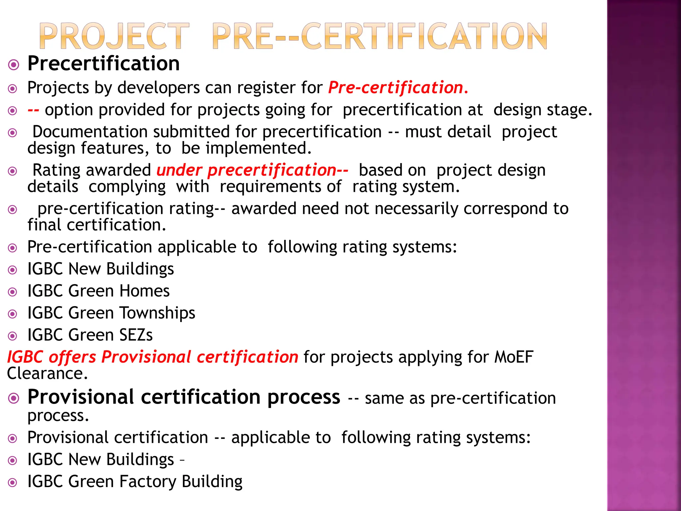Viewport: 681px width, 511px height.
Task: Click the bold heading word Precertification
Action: click(x=103, y=63)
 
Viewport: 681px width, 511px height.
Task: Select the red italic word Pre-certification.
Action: click(x=398, y=88)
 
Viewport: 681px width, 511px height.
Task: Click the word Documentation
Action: click(x=90, y=132)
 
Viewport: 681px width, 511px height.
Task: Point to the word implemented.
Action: click(x=258, y=148)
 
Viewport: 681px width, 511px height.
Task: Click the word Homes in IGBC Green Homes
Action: click(x=144, y=291)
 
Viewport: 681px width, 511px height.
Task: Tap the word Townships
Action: click(x=157, y=313)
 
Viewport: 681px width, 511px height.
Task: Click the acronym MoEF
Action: click(x=514, y=357)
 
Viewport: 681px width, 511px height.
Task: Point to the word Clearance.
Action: click(x=47, y=374)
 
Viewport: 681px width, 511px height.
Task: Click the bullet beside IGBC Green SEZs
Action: click(x=13, y=336)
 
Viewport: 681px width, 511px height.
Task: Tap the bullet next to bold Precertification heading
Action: click(x=14, y=65)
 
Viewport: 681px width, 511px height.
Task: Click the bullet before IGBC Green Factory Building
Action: click(x=13, y=482)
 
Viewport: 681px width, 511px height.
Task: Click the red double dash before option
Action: click(x=33, y=110)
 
